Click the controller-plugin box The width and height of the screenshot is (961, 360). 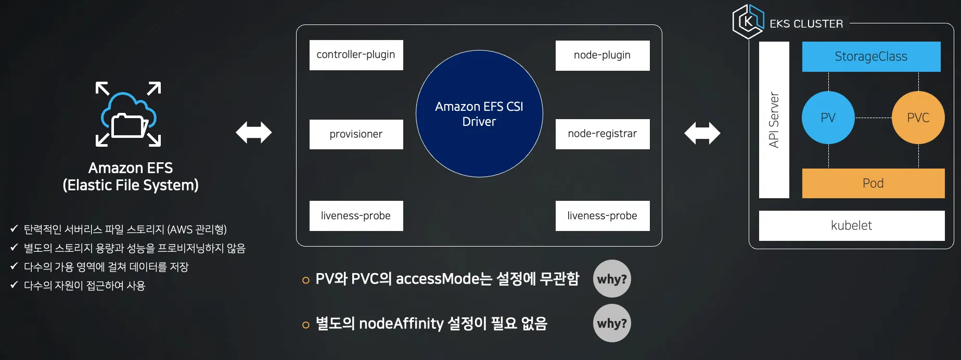356,55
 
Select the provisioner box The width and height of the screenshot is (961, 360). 356,134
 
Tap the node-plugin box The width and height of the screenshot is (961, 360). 602,55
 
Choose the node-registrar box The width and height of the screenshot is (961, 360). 602,134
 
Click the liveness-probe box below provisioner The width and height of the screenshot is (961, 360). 356,215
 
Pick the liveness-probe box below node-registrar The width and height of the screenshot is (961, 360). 602,215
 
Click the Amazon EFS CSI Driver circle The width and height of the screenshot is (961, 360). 479,113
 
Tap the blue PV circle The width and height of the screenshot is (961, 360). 828,118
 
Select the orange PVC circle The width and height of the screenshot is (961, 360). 918,118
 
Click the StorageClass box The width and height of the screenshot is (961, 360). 871,56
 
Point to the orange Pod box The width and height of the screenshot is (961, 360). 873,183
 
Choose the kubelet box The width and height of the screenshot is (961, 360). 851,225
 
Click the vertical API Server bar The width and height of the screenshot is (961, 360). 774,120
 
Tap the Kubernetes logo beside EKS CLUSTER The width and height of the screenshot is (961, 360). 748,21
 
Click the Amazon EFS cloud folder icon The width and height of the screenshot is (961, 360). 129,114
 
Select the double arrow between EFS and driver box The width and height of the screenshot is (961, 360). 253,133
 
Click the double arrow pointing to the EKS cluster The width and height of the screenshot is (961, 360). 702,133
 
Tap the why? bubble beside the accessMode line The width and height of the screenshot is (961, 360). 612,279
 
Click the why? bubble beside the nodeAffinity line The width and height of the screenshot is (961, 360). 612,323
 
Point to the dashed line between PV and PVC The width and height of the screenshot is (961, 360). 873,118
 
